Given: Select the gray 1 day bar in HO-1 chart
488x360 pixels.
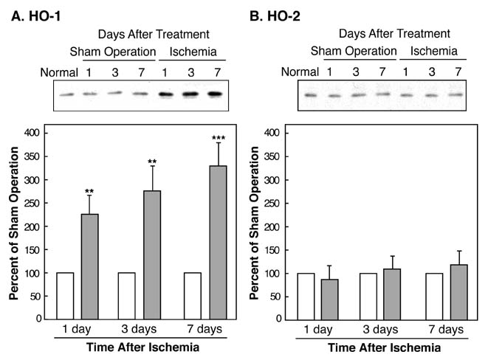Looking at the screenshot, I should (90, 266).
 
